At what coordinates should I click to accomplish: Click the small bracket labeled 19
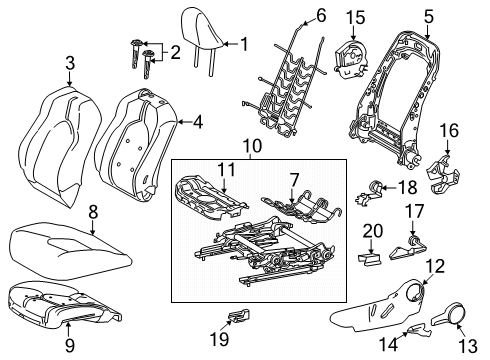pyautogui.click(x=239, y=319)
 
